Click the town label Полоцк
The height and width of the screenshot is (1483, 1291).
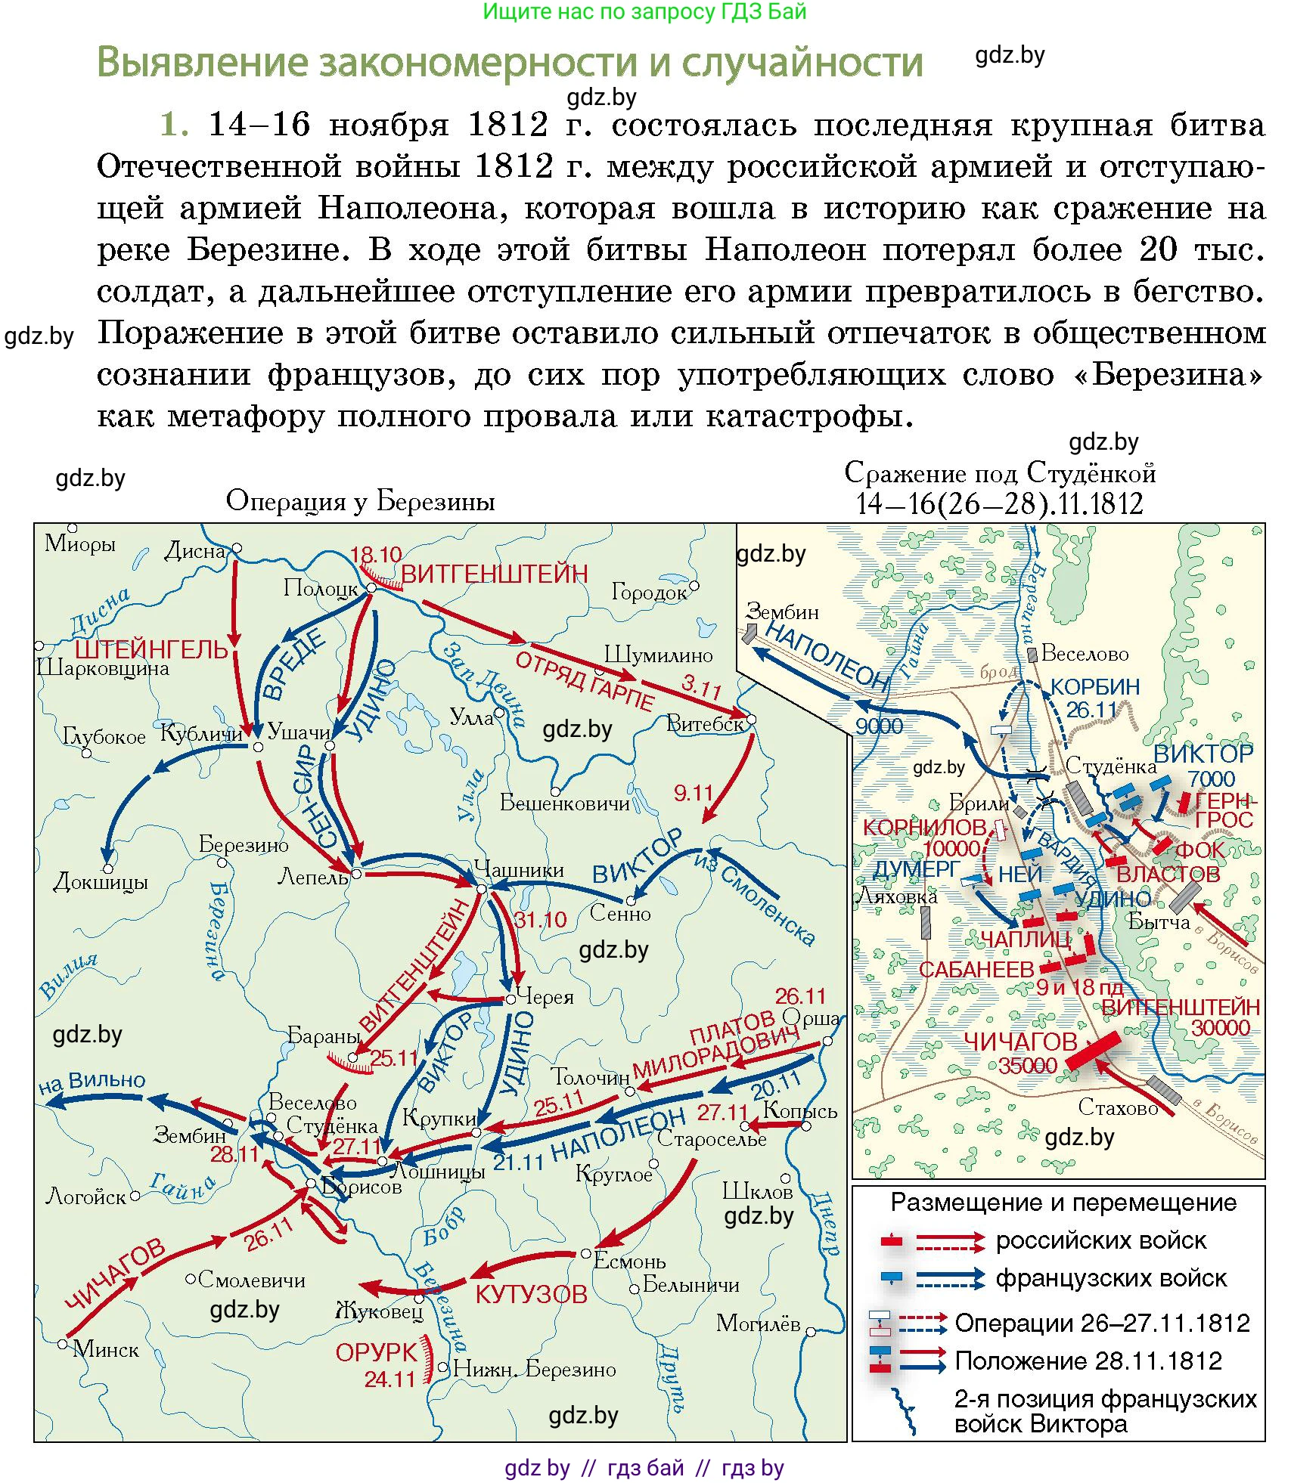click(321, 588)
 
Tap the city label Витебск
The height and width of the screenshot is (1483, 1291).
click(705, 724)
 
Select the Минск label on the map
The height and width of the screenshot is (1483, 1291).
click(106, 1349)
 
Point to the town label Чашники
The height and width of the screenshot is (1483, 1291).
click(519, 869)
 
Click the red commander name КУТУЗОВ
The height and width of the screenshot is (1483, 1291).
click(531, 1294)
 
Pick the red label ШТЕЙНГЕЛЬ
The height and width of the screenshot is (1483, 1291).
click(151, 649)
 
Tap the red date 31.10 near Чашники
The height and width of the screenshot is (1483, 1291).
click(540, 920)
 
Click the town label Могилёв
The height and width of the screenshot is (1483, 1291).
click(758, 1323)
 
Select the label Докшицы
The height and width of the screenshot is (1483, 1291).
click(101, 881)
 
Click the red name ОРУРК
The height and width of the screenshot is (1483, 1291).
click(376, 1352)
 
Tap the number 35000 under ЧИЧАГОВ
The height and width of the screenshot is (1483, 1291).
click(1027, 1065)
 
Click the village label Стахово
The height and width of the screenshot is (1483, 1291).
click(1118, 1107)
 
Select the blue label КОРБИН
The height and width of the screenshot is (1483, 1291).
click(1095, 686)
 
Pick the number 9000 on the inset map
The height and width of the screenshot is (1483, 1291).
click(879, 726)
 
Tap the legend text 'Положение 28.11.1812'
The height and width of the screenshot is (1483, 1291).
click(1088, 1361)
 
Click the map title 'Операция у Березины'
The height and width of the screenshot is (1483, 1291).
click(360, 500)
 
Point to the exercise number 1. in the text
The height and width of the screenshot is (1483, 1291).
click(175, 124)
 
